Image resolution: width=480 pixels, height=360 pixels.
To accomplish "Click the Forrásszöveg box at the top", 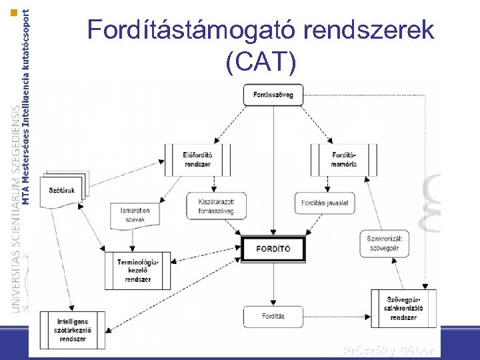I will point(273,95).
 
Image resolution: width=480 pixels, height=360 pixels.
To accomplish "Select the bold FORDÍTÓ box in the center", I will point(273,249).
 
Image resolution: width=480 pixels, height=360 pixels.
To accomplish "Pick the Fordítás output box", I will point(273,316).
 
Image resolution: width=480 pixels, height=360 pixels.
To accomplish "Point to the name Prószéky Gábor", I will point(388,351).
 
